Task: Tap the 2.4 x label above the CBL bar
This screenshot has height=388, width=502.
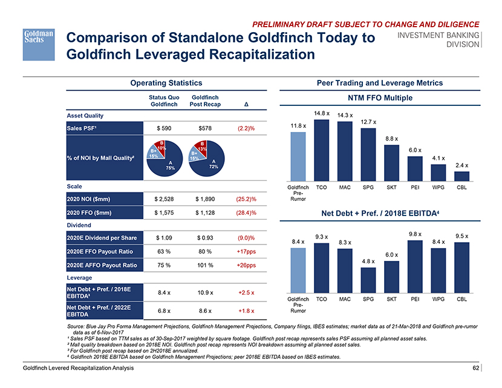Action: (x=462, y=165)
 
